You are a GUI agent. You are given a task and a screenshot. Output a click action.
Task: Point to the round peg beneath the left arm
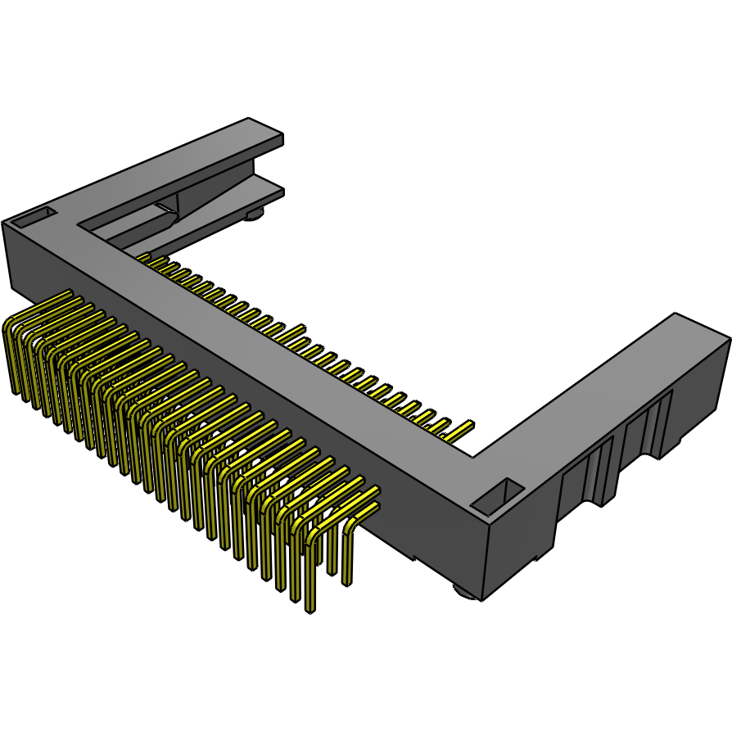[255, 215]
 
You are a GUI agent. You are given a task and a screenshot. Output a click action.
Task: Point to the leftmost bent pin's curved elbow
[9, 327]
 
